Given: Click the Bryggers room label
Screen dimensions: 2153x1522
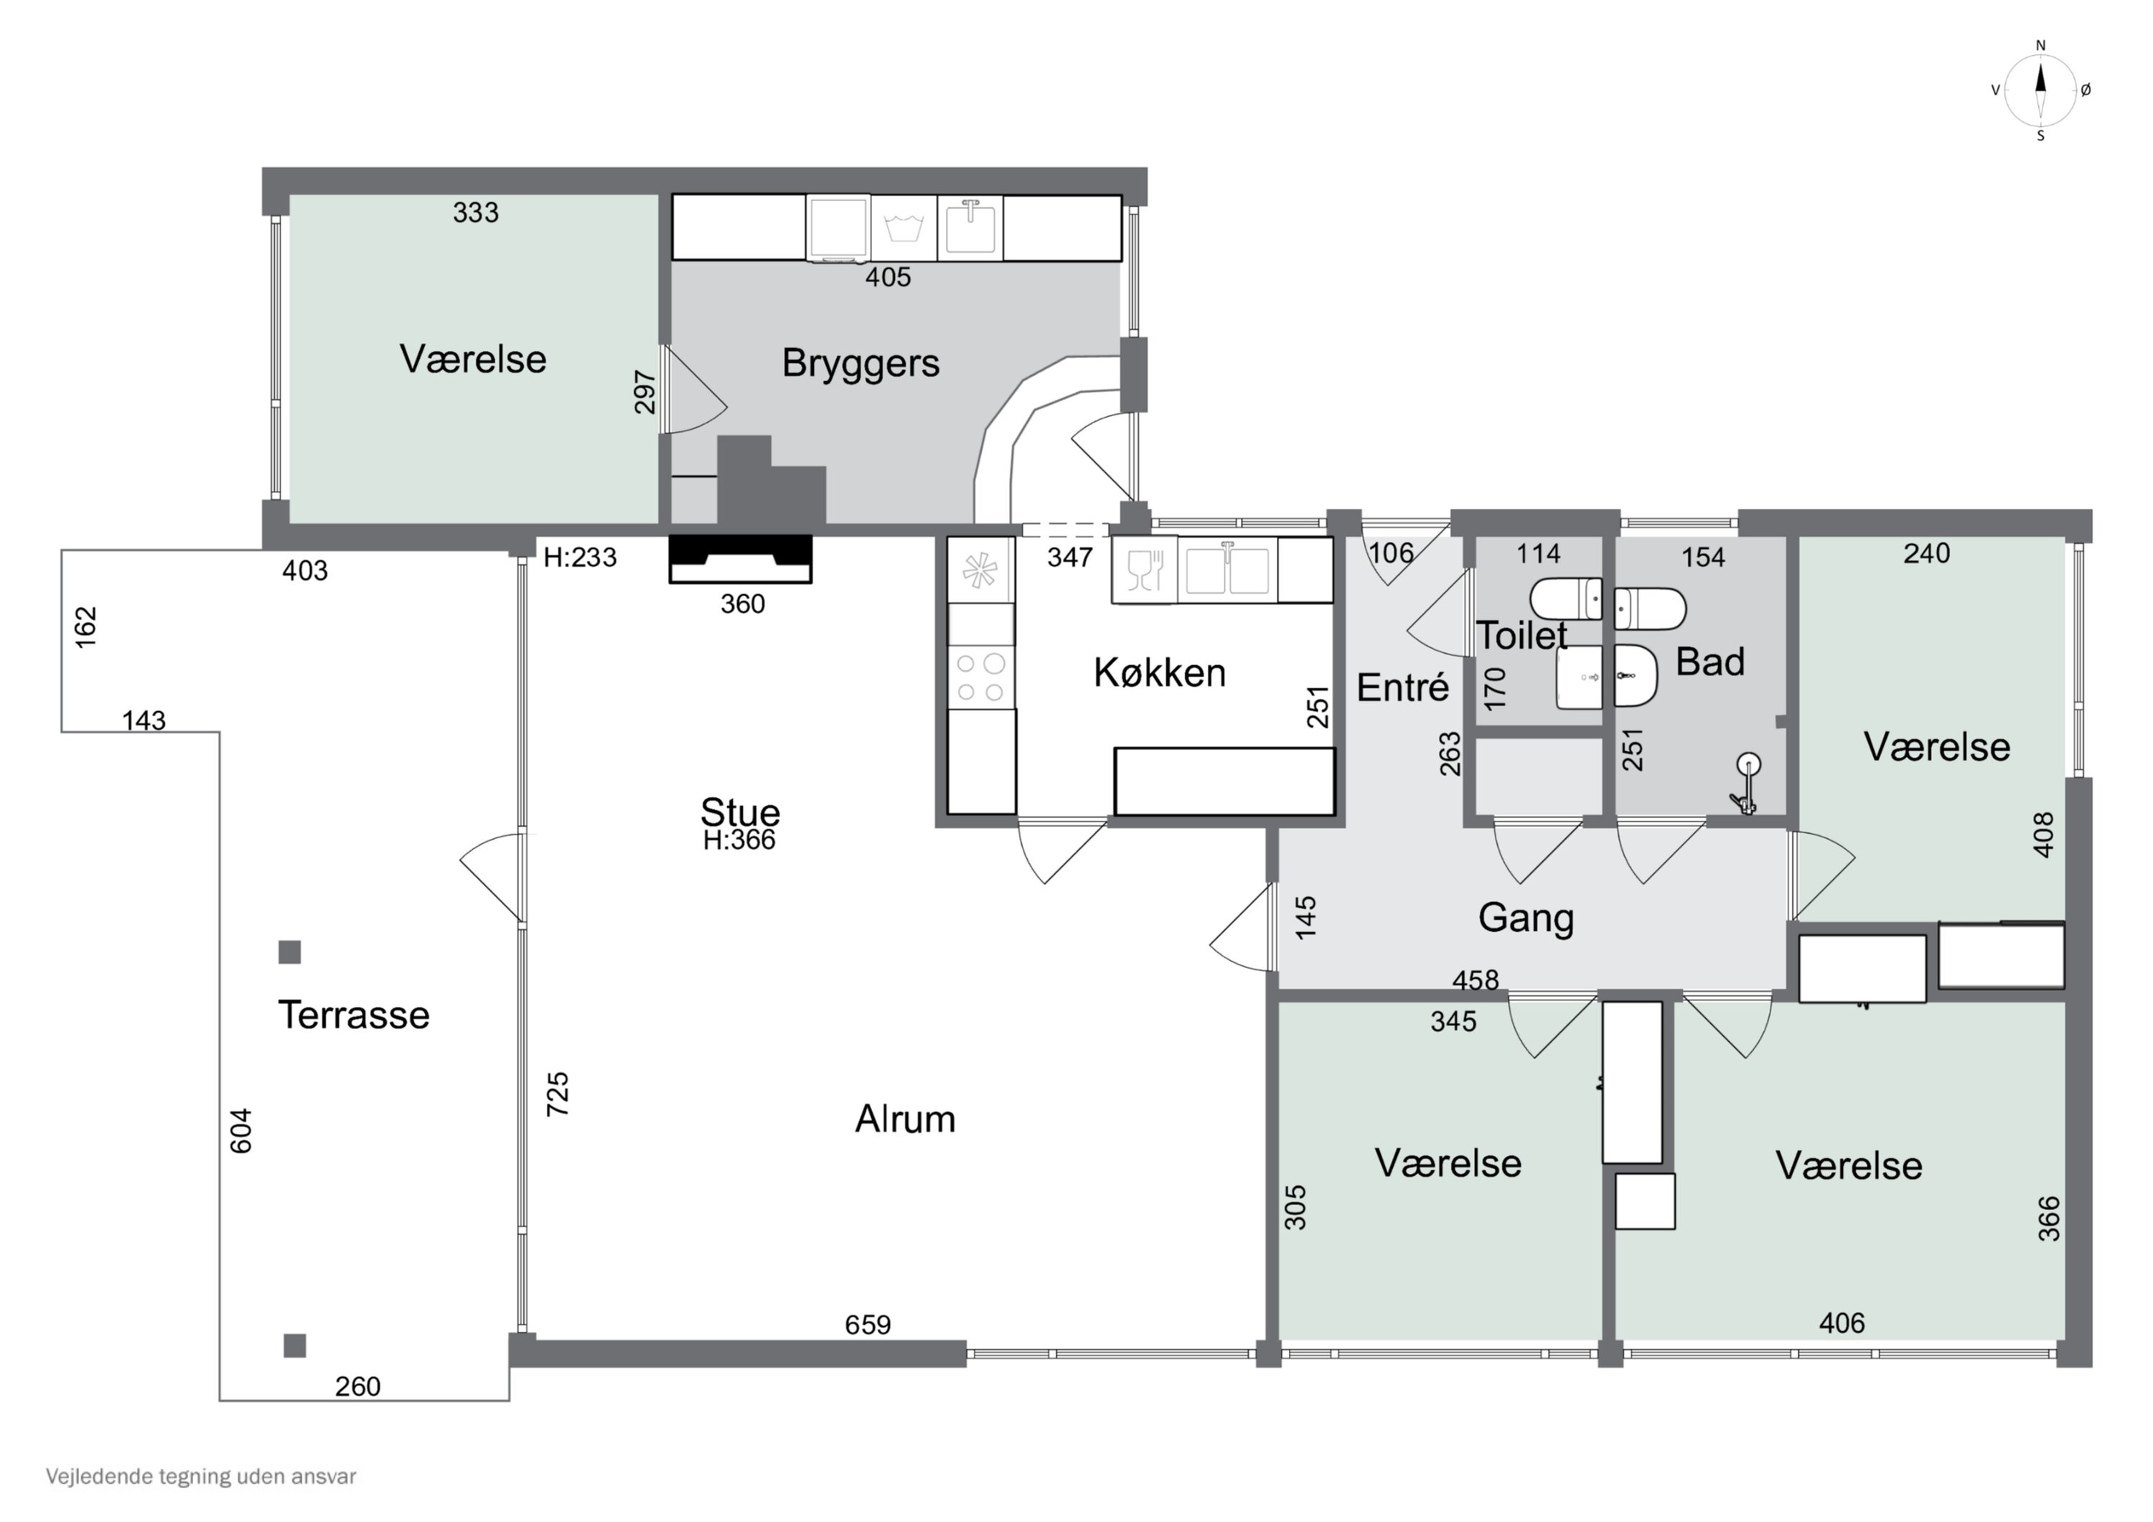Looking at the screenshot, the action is point(860,364).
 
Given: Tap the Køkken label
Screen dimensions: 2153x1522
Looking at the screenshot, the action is point(1159,672).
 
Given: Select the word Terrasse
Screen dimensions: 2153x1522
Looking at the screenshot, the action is point(354,1015).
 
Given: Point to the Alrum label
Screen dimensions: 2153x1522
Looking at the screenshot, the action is point(905,1119).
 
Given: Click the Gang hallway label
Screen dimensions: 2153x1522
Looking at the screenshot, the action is point(1526,918).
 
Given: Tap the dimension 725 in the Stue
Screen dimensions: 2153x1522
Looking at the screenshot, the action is point(558,1094).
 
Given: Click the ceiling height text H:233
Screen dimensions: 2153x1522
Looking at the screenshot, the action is point(579,557).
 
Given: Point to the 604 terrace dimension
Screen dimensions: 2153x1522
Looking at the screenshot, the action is point(241,1130).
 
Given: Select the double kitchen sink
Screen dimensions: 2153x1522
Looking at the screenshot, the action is point(1227,569).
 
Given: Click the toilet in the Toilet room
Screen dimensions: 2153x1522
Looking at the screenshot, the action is point(1565,599).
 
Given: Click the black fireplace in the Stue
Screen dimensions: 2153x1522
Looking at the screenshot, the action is point(740,559).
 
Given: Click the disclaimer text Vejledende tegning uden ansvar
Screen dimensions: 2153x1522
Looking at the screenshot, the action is point(201,1476).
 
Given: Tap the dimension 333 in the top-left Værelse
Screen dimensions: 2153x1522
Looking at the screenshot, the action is point(475,213).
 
